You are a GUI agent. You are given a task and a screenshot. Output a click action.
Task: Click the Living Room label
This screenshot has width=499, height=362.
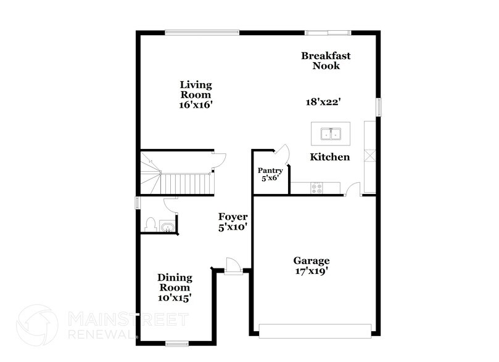[196, 90]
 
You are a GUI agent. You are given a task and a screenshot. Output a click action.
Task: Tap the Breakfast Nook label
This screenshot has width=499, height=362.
[326, 60]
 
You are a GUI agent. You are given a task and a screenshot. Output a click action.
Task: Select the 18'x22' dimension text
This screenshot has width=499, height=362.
[325, 102]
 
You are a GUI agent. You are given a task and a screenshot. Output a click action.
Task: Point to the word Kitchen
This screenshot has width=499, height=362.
[329, 157]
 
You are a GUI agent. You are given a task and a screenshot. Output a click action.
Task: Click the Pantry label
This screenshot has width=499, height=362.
[270, 171]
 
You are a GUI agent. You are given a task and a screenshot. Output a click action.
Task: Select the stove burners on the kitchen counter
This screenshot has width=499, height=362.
[316, 188]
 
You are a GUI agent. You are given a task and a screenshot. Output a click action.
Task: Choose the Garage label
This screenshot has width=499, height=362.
[311, 260]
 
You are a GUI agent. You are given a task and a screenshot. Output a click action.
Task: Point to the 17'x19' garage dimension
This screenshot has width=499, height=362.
[311, 271]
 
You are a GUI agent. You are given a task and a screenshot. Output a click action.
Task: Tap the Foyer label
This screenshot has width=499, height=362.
[233, 217]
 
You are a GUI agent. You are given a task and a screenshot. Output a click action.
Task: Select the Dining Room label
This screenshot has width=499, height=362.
[175, 282]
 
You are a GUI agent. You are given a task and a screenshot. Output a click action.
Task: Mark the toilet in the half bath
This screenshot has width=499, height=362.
[150, 225]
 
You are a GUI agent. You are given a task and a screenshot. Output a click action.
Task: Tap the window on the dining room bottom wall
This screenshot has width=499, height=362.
[176, 343]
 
